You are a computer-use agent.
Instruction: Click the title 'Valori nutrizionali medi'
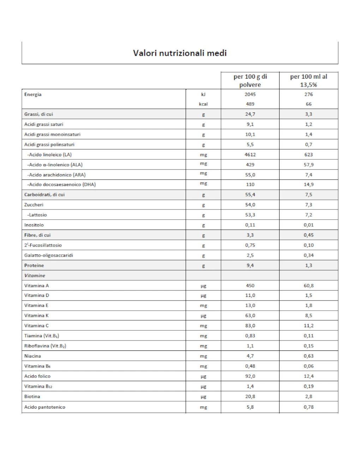pos(180,53)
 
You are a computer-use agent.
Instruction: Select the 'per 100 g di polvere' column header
pos(250,81)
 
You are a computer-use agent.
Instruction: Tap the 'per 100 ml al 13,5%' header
pos(308,81)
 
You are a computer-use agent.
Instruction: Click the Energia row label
pos(33,94)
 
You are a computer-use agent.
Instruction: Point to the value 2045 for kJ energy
pos(250,94)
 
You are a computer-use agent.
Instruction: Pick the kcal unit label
pos(203,104)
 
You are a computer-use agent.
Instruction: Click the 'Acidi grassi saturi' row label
pos(44,124)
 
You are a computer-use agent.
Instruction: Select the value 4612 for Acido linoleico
pos(250,155)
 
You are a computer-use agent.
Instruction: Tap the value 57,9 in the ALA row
pos(308,165)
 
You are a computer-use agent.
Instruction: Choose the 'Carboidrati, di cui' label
pos(44,195)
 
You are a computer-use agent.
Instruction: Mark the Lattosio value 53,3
pos(250,215)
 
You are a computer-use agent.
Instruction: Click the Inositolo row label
pos(34,225)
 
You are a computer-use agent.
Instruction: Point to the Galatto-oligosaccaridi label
pos(49,255)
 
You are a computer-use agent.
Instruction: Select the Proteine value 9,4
pos(250,265)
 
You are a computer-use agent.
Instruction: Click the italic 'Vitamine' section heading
pos(35,276)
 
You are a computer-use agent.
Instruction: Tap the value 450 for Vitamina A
pos(250,286)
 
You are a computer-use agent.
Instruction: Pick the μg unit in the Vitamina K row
pos(203,316)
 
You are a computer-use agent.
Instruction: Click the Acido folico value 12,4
pos(308,377)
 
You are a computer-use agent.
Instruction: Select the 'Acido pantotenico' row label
pos(45,407)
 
